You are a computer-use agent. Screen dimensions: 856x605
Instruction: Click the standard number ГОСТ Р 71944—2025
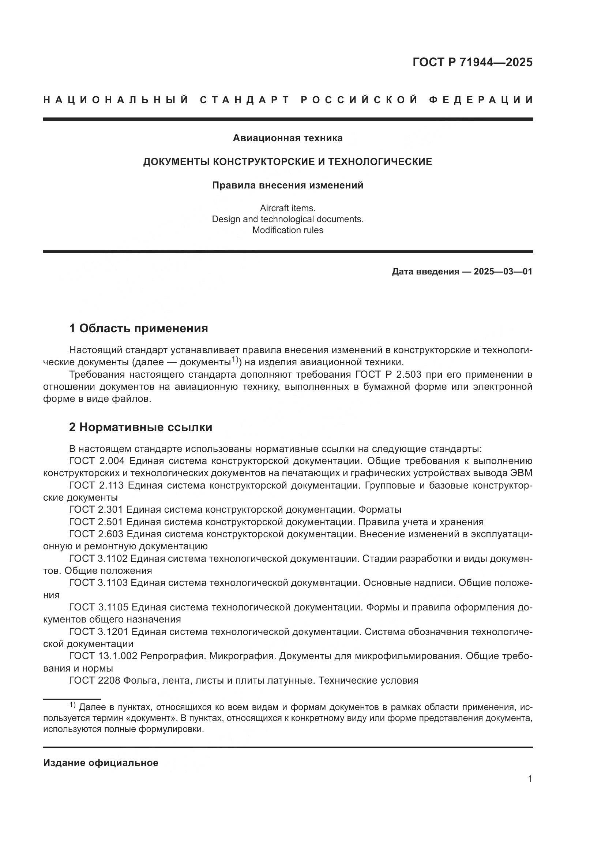pyautogui.click(x=472, y=62)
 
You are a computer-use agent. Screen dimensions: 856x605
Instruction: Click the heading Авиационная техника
pyautogui.click(x=288, y=138)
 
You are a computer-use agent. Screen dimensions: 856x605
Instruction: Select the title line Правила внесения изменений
pyautogui.click(x=288, y=185)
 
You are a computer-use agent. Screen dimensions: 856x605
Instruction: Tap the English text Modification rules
pyautogui.click(x=288, y=230)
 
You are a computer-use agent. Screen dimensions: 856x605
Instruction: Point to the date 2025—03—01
pyautogui.click(x=503, y=272)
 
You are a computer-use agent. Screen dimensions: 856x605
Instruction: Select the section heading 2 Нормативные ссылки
pyautogui.click(x=140, y=427)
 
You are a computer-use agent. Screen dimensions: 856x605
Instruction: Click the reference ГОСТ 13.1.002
pyautogui.click(x=103, y=656)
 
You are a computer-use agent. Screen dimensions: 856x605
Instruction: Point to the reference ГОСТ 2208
pyautogui.click(x=95, y=680)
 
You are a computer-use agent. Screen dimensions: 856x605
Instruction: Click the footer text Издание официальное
pyautogui.click(x=101, y=763)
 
